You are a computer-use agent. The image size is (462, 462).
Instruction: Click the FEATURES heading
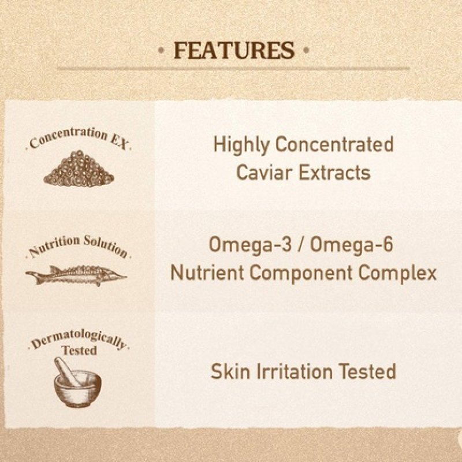coord(234,51)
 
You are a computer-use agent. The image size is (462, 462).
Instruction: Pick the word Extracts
coord(335,173)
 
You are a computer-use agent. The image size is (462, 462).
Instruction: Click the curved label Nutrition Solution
coord(77,245)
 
